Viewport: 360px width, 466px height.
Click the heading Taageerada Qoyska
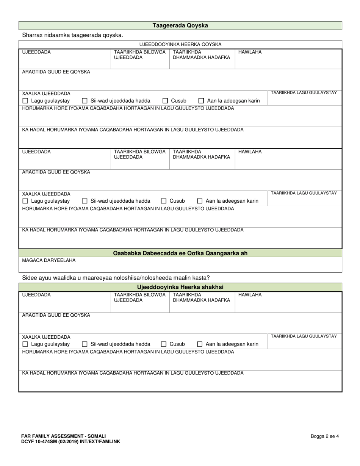pos(180,26)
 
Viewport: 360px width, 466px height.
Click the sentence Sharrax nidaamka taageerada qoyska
pos(72,35)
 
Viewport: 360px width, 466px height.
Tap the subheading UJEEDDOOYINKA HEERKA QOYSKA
pos(180,44)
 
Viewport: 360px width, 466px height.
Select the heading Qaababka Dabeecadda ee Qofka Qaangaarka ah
pos(180,253)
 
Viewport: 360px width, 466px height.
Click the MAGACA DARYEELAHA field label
pos(49,261)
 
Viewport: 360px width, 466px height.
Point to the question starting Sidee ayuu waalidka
pos(116,278)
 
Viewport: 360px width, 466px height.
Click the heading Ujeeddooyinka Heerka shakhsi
pos(180,287)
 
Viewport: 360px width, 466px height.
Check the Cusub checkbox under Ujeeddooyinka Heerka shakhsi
pos(164,344)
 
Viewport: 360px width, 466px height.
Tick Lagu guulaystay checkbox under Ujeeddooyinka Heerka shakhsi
pos(25,344)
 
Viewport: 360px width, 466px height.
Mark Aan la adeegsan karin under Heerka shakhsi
pos(200,344)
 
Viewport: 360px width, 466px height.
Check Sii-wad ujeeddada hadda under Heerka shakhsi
pos(85,344)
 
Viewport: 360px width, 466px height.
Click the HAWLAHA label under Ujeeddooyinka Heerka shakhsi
pos(250,295)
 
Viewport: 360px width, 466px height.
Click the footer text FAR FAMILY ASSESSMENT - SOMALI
pos(64,436)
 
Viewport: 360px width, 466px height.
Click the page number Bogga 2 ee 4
pos(325,436)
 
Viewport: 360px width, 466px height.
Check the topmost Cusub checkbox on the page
pos(165,101)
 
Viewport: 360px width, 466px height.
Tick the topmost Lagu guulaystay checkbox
pos(25,101)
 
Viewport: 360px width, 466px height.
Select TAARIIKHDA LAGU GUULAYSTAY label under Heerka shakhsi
pos(304,336)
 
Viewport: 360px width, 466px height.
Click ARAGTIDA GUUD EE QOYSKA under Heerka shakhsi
pos(56,315)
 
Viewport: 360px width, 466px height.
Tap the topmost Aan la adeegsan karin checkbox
pos(202,101)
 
